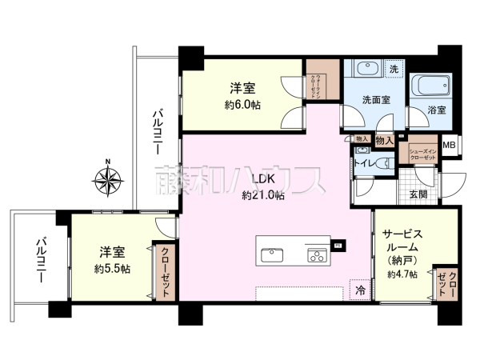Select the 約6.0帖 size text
coord(243,105)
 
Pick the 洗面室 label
coord(375,101)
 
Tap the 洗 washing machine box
coord(393,70)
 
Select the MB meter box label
coord(450,145)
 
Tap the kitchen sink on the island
coord(272,256)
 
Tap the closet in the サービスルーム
coord(445,283)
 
